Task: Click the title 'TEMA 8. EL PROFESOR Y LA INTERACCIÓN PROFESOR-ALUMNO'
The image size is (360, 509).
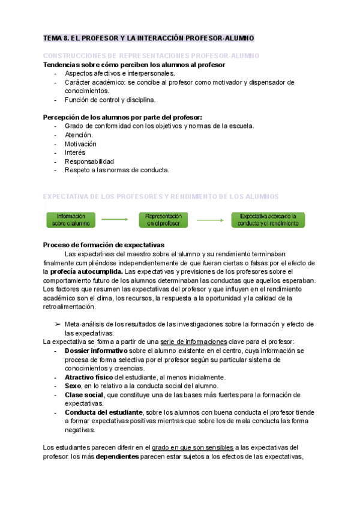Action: click(149, 38)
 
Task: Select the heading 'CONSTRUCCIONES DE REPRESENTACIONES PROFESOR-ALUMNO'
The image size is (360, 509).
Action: click(151, 55)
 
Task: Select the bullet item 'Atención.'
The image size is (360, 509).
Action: click(79, 135)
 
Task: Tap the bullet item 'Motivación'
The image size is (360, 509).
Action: click(80, 144)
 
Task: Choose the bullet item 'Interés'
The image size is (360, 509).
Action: click(75, 152)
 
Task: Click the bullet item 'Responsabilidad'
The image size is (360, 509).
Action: click(89, 161)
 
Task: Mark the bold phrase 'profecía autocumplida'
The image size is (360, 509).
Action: click(83, 272)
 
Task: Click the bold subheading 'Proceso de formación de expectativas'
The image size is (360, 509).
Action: click(104, 245)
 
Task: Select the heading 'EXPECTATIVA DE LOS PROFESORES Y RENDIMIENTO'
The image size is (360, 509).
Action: click(161, 196)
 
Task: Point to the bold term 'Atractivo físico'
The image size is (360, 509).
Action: click(89, 377)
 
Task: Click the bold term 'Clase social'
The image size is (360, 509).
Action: click(83, 395)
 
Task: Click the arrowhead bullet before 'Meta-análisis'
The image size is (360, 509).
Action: click(58, 324)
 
